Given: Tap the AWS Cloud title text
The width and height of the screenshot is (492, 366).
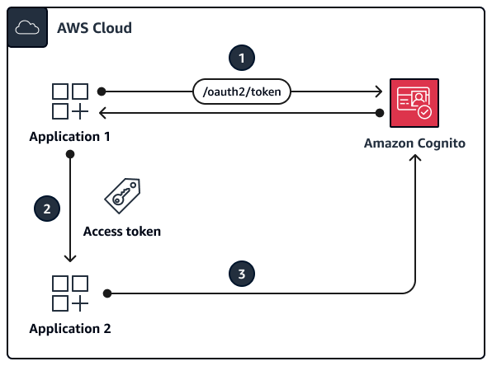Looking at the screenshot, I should pyautogui.click(x=94, y=28).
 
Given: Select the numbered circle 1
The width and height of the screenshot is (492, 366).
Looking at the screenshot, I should pyautogui.click(x=241, y=59).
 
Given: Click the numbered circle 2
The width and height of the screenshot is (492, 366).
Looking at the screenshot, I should pyautogui.click(x=46, y=208).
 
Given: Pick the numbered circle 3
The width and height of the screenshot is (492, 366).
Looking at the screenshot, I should pyautogui.click(x=241, y=274).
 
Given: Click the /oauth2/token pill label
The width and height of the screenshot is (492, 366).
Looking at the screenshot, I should pyautogui.click(x=241, y=92).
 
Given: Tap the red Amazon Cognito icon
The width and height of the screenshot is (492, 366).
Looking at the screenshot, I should pyautogui.click(x=414, y=103).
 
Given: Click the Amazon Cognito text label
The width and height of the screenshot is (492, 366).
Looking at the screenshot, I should pyautogui.click(x=414, y=143).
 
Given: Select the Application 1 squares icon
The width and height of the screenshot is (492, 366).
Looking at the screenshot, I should pyautogui.click(x=70, y=101).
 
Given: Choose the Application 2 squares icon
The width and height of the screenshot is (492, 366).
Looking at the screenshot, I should pyautogui.click(x=70, y=294).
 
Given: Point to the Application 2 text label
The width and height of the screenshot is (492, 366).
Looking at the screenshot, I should pyautogui.click(x=70, y=329).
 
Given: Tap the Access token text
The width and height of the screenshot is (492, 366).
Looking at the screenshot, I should pyautogui.click(x=122, y=232).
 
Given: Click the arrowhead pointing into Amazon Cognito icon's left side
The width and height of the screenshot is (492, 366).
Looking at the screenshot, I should pyautogui.click(x=380, y=91).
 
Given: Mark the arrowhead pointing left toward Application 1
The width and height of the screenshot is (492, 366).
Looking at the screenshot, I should pyautogui.click(x=104, y=112).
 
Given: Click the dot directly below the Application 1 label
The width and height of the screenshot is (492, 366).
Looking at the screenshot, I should pyautogui.click(x=71, y=154).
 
